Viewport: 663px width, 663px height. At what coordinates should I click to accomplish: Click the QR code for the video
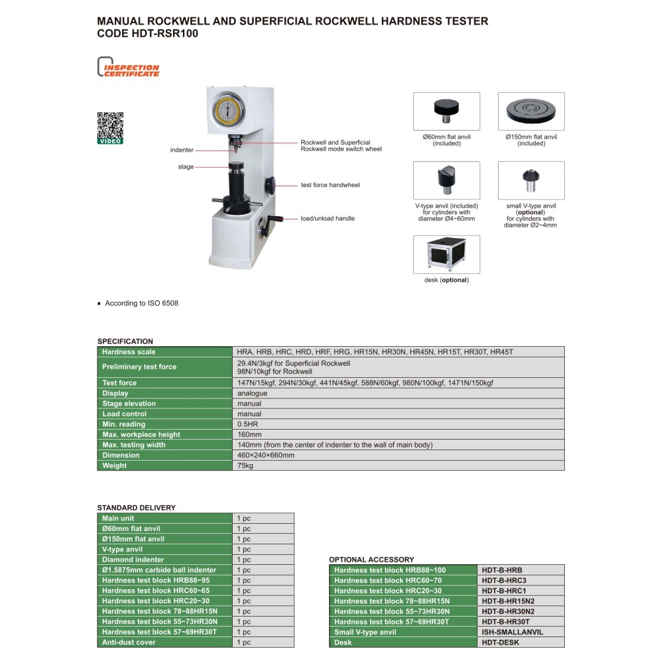tap(110, 125)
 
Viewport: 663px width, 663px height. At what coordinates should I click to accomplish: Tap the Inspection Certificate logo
tap(129, 69)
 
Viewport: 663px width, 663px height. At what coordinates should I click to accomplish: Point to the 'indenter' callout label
tap(182, 151)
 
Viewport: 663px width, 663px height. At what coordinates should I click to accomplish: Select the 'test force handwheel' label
tap(330, 185)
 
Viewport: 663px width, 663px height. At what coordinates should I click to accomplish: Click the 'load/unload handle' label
tap(328, 218)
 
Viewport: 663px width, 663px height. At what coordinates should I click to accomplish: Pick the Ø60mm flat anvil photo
tap(446, 111)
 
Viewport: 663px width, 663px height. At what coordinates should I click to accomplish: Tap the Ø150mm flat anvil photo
tap(531, 111)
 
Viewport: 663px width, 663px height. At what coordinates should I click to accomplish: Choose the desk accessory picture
tap(446, 255)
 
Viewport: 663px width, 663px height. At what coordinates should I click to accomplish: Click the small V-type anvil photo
tap(531, 180)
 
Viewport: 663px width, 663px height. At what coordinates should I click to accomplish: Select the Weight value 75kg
tap(245, 465)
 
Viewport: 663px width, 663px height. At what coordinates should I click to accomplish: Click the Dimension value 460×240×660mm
tap(266, 455)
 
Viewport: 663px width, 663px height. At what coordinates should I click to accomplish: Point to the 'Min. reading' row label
tap(123, 424)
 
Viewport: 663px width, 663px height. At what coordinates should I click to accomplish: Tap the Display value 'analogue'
tap(252, 393)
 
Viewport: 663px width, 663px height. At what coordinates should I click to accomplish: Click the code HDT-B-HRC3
tap(504, 580)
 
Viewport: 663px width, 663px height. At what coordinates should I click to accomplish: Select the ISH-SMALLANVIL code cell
tap(512, 632)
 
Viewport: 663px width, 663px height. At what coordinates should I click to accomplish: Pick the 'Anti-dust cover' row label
tap(129, 642)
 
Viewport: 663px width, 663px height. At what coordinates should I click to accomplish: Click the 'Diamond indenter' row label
tap(133, 560)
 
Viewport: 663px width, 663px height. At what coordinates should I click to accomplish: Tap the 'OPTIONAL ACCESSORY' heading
tap(371, 560)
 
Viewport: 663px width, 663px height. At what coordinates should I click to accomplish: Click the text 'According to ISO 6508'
tap(141, 303)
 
